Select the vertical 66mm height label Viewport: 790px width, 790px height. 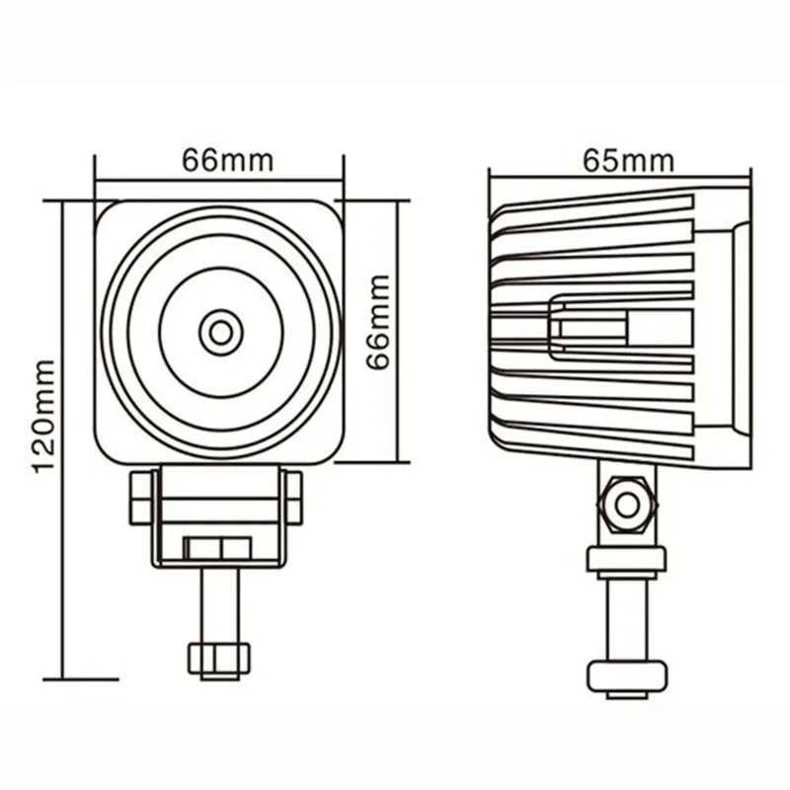click(x=378, y=322)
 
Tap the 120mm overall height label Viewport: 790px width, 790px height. click(x=44, y=415)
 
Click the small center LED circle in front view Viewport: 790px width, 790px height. click(x=220, y=332)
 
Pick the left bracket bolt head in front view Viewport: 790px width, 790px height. click(x=141, y=497)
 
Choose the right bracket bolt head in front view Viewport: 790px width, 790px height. click(x=292, y=497)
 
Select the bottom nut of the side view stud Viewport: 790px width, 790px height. click(x=626, y=676)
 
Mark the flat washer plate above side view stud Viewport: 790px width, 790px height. click(x=626, y=559)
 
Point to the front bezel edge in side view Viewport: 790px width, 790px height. click(x=743, y=326)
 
